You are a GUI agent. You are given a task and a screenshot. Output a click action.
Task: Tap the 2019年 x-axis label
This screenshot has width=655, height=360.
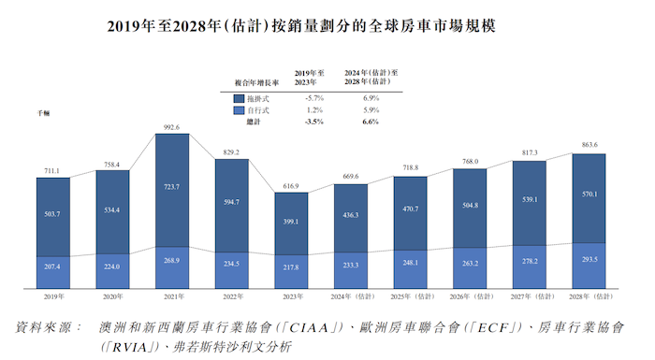[x=53, y=295]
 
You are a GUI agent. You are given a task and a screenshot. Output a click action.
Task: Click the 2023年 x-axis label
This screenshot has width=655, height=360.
[x=291, y=295]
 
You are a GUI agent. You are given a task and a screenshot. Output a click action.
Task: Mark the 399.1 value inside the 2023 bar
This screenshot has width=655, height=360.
[x=291, y=223]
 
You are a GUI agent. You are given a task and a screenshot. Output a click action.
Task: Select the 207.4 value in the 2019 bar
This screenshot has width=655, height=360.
[x=53, y=266]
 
